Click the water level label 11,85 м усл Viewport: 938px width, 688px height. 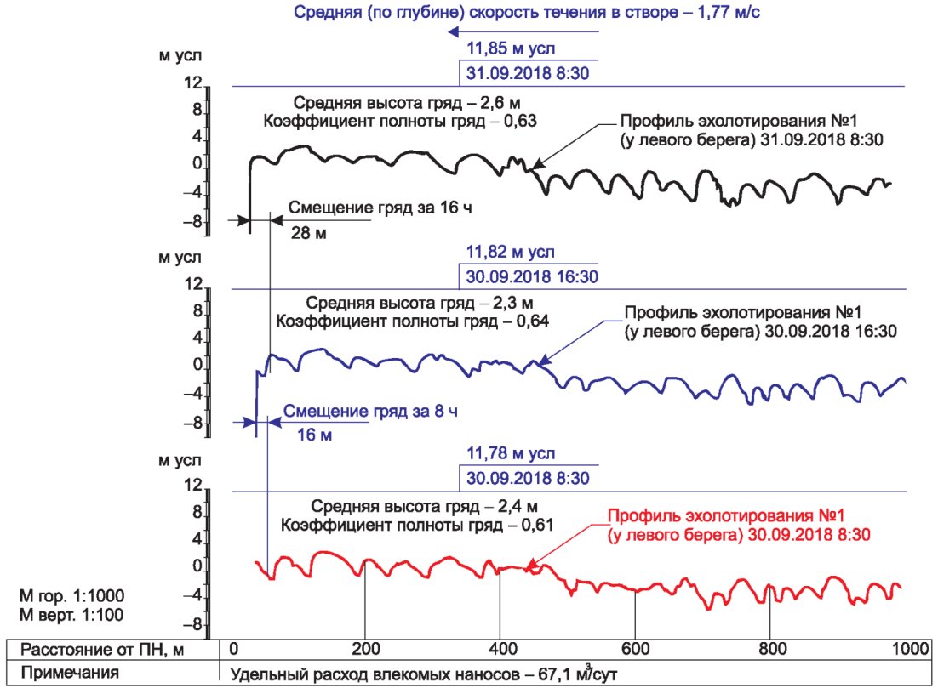[510, 48]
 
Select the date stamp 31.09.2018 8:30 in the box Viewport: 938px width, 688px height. [528, 73]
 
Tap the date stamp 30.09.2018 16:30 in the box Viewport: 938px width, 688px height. [532, 276]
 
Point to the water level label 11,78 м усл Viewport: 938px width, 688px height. [510, 453]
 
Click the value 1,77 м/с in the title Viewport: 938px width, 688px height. [729, 12]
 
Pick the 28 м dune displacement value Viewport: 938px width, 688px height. [309, 233]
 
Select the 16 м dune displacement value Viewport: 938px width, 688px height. [315, 435]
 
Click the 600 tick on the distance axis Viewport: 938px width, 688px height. [635, 649]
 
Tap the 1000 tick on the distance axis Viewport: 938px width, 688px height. [911, 649]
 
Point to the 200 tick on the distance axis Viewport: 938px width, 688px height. [365, 649]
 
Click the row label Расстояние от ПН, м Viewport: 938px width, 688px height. [102, 650]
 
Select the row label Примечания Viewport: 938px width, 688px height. [70, 673]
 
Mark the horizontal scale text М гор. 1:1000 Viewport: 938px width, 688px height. [72, 596]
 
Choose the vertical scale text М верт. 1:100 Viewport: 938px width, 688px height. [71, 615]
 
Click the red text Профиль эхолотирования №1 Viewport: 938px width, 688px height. [726, 516]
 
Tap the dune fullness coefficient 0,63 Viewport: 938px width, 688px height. [520, 122]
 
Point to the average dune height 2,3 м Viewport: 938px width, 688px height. [512, 303]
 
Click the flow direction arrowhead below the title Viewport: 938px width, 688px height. [454, 31]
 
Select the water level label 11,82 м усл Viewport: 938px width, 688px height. [510, 253]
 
